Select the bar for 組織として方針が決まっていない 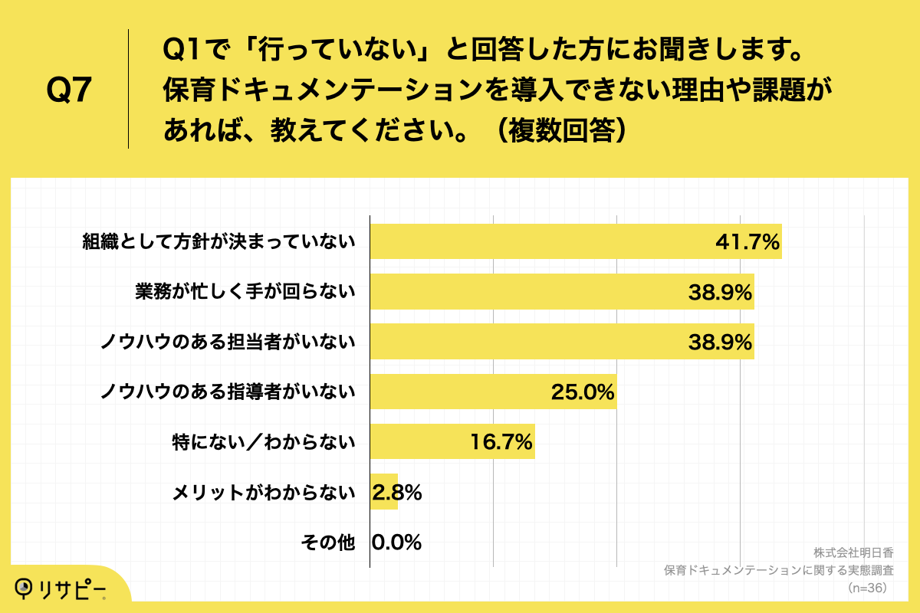tap(537, 242)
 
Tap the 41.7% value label tap(747, 242)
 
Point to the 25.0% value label tap(583, 392)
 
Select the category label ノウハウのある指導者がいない tap(228, 392)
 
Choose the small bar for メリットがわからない tap(383, 492)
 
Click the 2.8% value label tap(397, 492)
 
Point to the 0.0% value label tap(397, 543)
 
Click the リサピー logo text tap(73, 588)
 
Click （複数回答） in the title tap(563, 131)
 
